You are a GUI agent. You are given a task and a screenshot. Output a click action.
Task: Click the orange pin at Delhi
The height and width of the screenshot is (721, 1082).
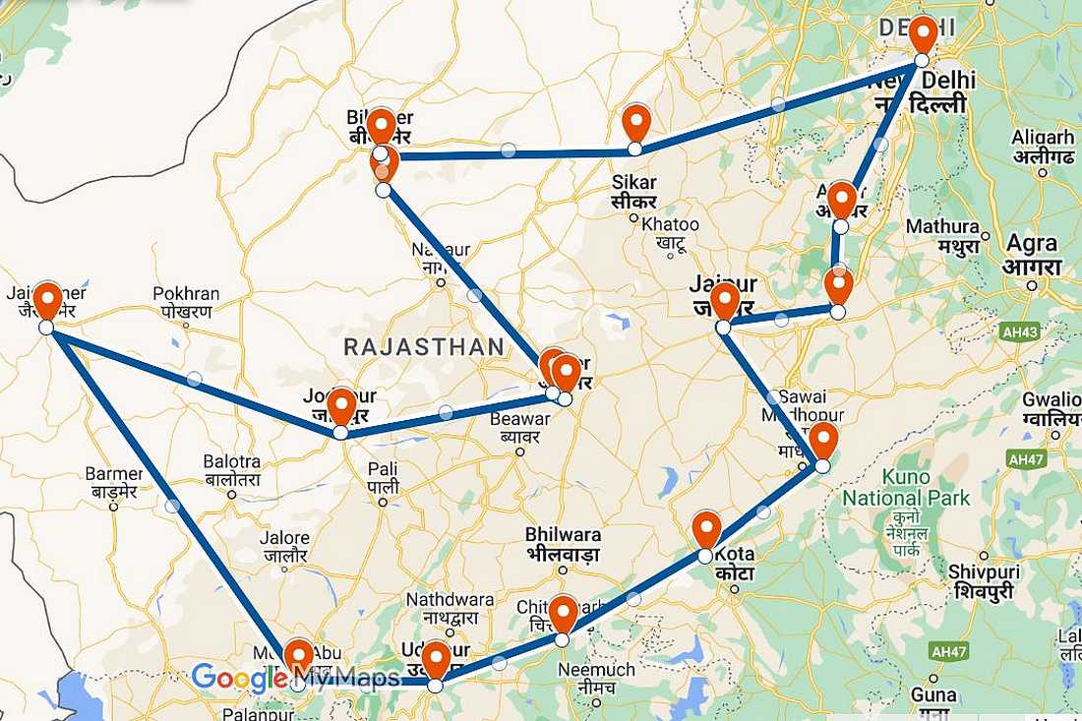click(923, 34)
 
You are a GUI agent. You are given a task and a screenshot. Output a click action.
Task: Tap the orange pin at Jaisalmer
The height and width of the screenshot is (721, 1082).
click(47, 301)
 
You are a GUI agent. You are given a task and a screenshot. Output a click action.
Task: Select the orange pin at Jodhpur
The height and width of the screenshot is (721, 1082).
click(341, 406)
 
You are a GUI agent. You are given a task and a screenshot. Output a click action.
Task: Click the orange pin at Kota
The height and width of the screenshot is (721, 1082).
click(706, 529)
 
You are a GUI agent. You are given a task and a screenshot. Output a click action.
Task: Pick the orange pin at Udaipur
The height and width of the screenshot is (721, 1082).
click(436, 659)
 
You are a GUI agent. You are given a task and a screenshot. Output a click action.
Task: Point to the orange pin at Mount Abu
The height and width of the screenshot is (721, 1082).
click(298, 657)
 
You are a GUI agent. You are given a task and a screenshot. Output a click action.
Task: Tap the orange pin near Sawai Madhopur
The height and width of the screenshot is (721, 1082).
click(823, 440)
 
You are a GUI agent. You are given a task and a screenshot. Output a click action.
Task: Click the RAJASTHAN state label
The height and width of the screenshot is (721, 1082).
click(423, 346)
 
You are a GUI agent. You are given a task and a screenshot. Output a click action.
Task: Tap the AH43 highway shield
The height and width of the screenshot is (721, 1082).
click(1019, 332)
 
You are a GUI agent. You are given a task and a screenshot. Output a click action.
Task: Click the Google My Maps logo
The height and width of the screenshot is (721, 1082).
click(295, 678)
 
